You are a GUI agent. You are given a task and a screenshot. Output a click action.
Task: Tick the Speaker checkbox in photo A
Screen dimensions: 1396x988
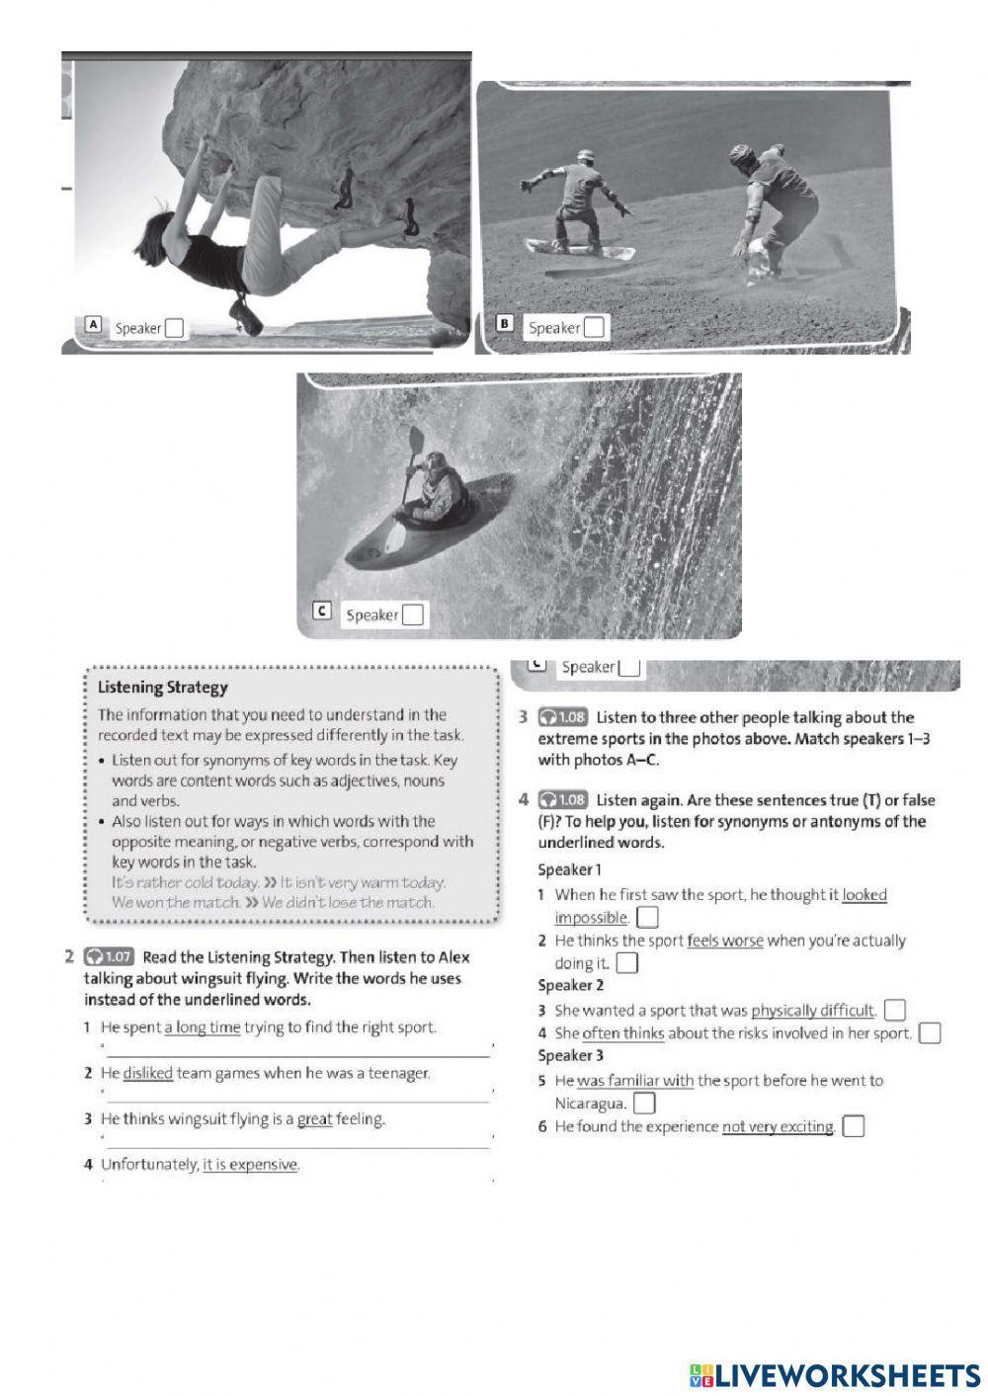(174, 328)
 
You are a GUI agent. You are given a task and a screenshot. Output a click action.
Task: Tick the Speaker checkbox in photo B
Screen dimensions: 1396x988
(594, 327)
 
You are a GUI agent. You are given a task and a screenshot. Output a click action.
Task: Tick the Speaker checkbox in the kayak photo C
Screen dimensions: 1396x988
(413, 615)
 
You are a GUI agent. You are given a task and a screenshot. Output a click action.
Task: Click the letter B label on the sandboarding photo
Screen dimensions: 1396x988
(504, 323)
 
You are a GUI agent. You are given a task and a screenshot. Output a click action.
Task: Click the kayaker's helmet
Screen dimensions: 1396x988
(435, 459)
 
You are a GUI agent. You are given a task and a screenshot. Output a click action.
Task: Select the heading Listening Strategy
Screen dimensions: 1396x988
(163, 688)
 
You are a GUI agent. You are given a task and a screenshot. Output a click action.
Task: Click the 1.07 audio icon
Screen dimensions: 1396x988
(109, 956)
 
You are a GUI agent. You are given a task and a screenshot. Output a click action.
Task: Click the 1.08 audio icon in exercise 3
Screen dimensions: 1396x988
(562, 717)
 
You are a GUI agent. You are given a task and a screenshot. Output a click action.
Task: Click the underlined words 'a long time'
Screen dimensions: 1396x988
(203, 1027)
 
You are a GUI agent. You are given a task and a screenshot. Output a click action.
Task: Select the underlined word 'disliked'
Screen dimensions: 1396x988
(148, 1073)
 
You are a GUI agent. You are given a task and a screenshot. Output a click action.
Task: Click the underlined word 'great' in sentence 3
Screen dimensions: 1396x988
(315, 1119)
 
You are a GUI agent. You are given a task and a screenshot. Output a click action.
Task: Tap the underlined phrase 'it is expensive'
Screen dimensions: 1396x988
(250, 1165)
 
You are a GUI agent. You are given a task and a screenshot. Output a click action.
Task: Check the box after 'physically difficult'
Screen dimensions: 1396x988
(894, 1010)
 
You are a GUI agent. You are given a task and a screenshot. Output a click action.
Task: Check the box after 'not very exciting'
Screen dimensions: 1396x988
(854, 1126)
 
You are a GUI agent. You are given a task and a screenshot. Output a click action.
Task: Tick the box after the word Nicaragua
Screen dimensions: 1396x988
(644, 1103)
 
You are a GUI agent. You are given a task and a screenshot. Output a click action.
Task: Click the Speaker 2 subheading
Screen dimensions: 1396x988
(570, 985)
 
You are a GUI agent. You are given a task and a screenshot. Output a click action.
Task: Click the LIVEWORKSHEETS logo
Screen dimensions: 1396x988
(835, 1374)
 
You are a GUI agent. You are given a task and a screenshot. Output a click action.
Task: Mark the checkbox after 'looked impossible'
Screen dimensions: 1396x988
(647, 918)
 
